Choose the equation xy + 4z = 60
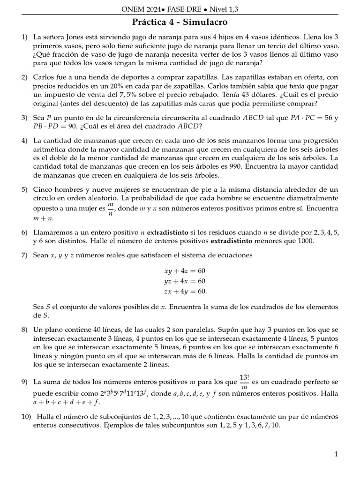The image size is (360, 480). point(184,271)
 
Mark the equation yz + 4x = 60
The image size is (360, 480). point(184,281)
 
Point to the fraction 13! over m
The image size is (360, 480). point(244,383)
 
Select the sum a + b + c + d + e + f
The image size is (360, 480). point(66,402)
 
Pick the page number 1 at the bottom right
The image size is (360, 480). point(336,454)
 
